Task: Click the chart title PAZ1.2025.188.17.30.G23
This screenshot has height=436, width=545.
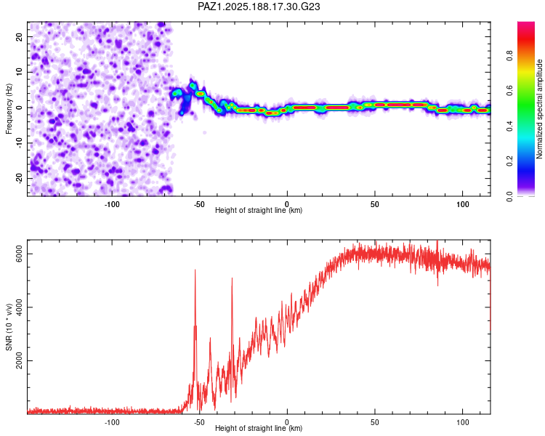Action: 259,7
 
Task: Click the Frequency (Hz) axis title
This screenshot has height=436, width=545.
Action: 9,109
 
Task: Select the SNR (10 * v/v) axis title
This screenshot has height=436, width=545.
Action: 9,327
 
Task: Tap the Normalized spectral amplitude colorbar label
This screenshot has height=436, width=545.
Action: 539,109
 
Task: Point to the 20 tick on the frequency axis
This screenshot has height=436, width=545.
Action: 20,36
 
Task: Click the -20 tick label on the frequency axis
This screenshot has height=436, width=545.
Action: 20,179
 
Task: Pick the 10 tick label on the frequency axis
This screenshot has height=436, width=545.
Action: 20,72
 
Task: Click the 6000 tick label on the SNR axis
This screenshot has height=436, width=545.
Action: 20,254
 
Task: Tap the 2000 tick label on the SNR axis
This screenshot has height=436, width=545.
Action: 20,360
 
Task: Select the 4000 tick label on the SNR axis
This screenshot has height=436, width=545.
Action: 20,307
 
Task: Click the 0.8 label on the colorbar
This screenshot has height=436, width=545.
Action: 509,56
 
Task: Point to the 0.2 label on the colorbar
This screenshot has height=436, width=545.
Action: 509,161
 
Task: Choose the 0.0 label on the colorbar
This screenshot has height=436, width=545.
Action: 509,196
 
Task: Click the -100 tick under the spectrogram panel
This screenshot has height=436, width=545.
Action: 112,204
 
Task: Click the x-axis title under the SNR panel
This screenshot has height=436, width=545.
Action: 259,428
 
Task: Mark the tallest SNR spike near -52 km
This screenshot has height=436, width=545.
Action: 195,270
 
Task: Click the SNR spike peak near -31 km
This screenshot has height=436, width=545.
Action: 232,278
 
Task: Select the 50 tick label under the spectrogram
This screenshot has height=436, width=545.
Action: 375,204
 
